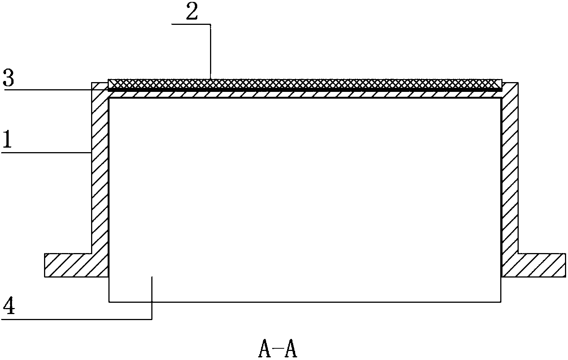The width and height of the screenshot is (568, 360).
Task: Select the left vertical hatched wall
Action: coord(100,169)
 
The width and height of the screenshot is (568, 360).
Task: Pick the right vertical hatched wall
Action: coord(510,169)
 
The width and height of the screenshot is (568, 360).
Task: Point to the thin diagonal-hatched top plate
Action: coord(305,94)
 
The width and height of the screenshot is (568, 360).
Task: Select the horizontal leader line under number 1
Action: coord(45,153)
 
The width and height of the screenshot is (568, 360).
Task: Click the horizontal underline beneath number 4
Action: coord(75,319)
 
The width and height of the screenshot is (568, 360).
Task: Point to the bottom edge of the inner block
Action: coord(305,302)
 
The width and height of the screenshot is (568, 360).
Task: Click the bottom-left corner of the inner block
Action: coord(109,302)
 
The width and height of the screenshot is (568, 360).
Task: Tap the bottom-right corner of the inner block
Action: coord(501,302)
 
